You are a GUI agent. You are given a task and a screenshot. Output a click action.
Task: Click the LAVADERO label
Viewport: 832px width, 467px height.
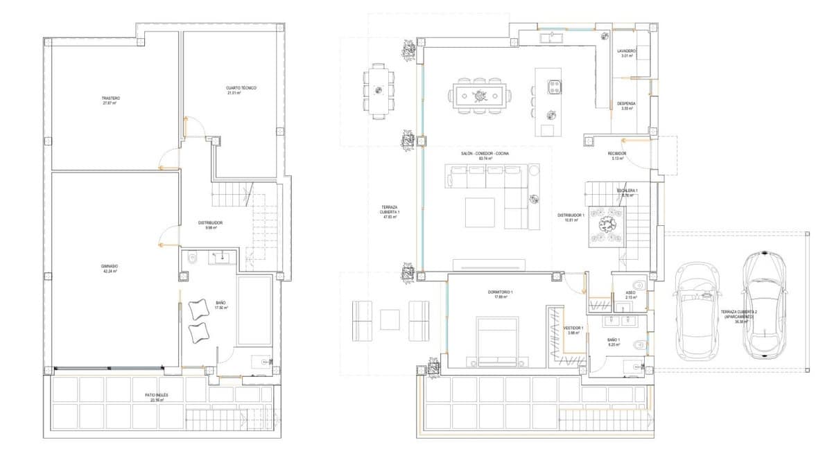point(627,53)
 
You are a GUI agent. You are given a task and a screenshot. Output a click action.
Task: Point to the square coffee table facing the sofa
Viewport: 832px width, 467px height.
point(480,213)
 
